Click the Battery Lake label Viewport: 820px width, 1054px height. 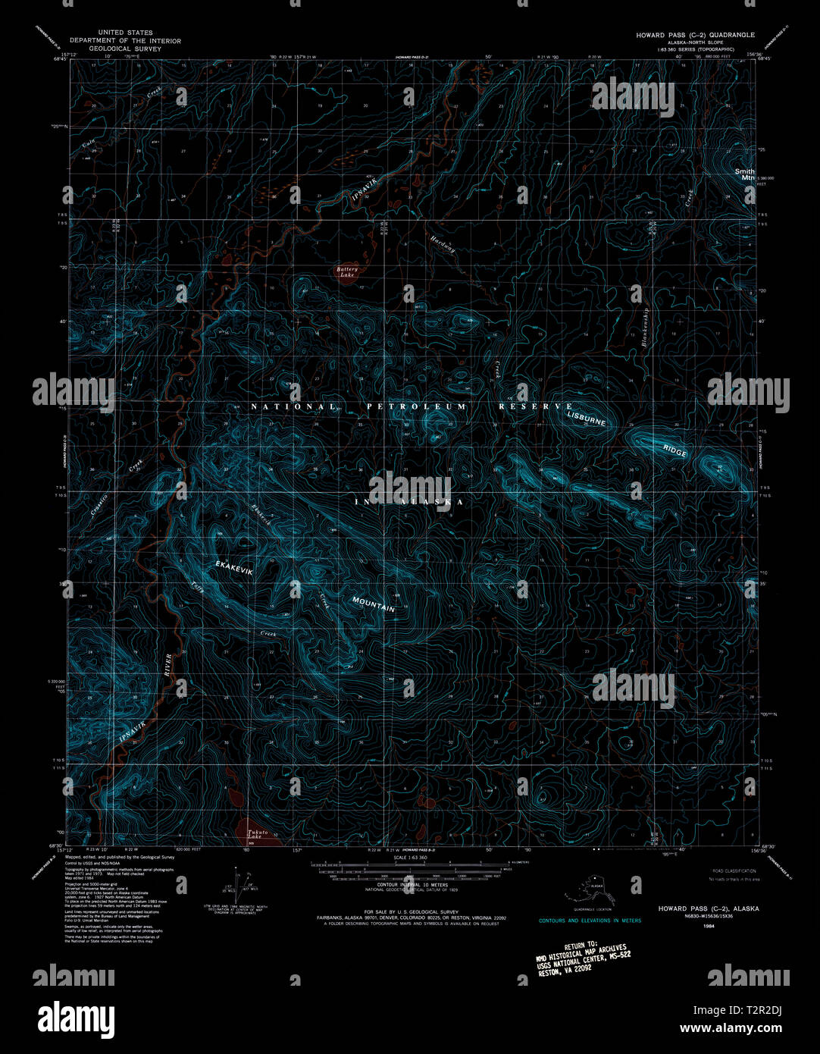point(347,271)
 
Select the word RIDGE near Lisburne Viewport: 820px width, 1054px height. point(674,450)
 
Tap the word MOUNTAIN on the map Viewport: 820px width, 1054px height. point(374,604)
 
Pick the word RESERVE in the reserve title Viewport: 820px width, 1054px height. point(536,407)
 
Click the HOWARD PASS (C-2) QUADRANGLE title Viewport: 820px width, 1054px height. point(695,35)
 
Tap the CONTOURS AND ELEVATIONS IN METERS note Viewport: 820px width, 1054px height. point(590,921)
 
